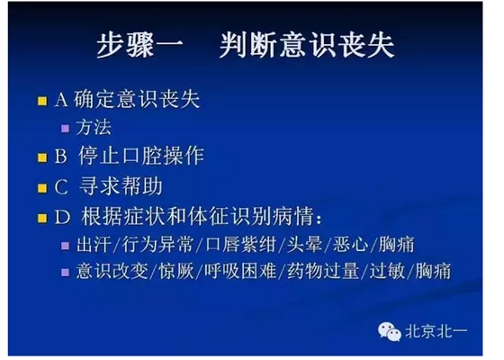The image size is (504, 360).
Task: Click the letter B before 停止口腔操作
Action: click(61, 157)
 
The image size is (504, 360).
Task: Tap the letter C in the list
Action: click(61, 188)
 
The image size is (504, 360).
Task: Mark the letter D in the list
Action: click(61, 218)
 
